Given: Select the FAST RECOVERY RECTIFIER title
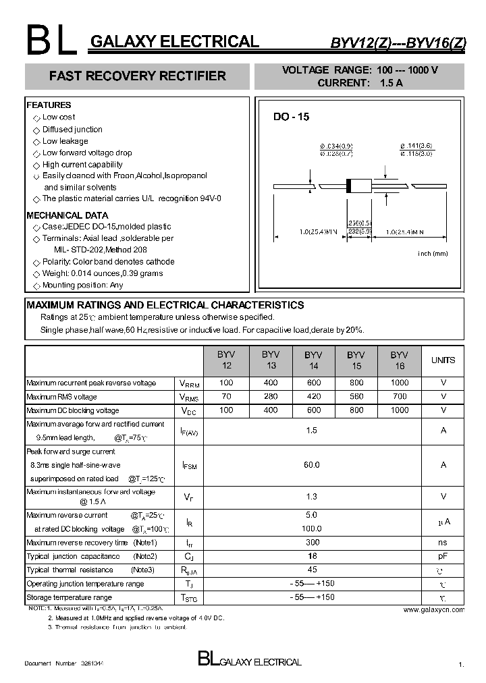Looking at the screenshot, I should pos(137,76).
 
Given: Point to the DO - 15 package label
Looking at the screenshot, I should pos(291,117).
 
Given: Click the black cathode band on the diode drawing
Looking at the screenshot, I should pos(349,186).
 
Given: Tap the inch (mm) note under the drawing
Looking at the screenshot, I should pos(433,253).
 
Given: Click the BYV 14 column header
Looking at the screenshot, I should pos(313,360).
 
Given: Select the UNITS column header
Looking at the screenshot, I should pos(443,360).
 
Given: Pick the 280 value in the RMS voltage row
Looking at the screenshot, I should pos(271,397).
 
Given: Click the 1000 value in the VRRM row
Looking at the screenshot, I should pos(399,383).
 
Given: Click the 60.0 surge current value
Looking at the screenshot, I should pos(312,465).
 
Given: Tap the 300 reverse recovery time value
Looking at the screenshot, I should pos(312,543).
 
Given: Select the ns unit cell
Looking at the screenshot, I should pos(443,543).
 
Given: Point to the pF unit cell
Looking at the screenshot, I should pos(443,556).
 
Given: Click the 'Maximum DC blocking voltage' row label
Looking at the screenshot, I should pos(72,410).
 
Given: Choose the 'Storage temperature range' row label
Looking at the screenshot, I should pos(69,597).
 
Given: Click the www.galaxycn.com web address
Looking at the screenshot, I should pos(433,609).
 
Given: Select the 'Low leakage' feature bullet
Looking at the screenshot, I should pos(65,141).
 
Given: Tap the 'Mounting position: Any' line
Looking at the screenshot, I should pos(82,285).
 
